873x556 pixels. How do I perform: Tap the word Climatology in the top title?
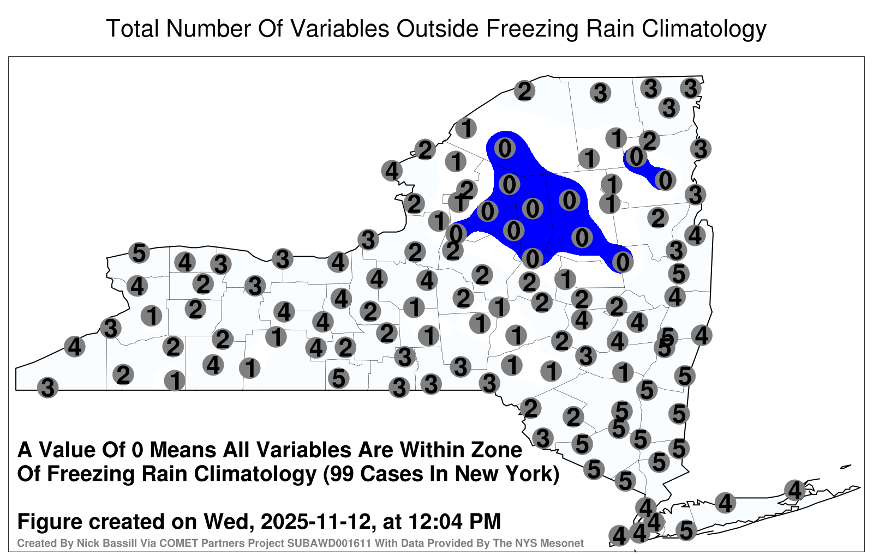pyautogui.click(x=703, y=29)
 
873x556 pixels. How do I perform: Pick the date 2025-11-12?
pyautogui.click(x=316, y=522)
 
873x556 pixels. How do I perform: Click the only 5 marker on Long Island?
pyautogui.click(x=686, y=530)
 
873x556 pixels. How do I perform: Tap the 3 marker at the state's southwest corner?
pyautogui.click(x=47, y=388)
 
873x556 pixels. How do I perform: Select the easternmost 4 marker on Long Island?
pyautogui.click(x=794, y=490)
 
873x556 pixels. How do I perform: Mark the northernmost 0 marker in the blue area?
pyautogui.click(x=505, y=148)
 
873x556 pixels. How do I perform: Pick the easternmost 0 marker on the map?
pyautogui.click(x=665, y=180)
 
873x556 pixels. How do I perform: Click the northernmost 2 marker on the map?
pyautogui.click(x=524, y=92)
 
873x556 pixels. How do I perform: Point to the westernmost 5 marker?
pyautogui.click(x=139, y=253)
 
